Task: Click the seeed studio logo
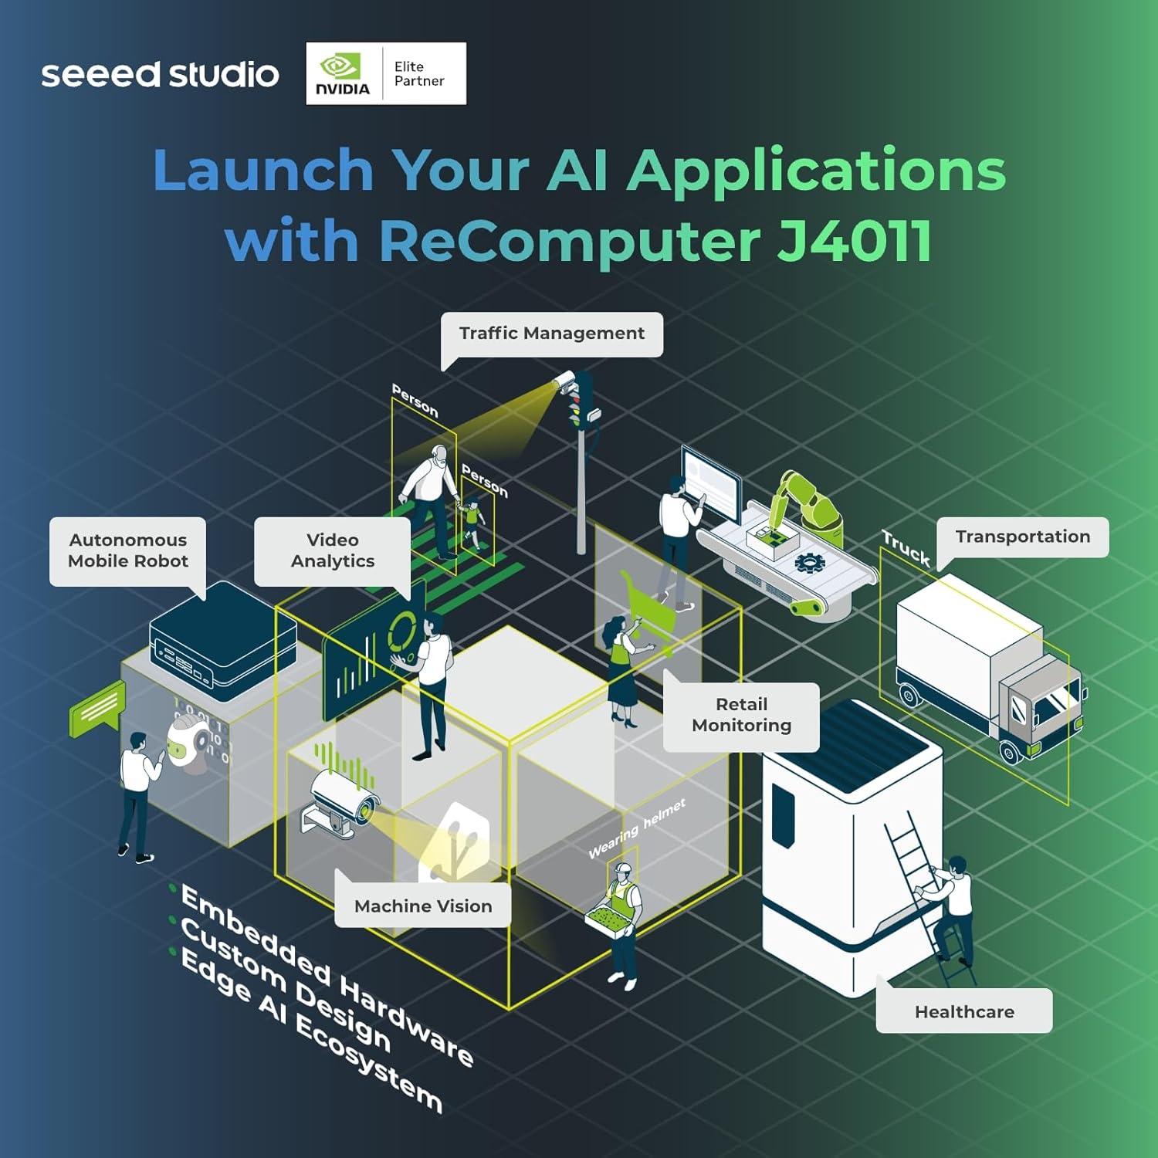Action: click(x=160, y=75)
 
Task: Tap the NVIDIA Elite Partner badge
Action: click(x=386, y=74)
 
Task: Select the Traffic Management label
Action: click(x=551, y=334)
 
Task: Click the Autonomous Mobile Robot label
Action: click(x=127, y=550)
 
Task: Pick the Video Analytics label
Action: click(x=332, y=550)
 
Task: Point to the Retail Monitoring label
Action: click(x=741, y=715)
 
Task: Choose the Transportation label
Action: click(x=1022, y=537)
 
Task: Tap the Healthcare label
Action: click(x=963, y=1011)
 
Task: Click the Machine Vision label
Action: click(x=422, y=906)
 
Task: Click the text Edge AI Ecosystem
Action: click(x=309, y=1031)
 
